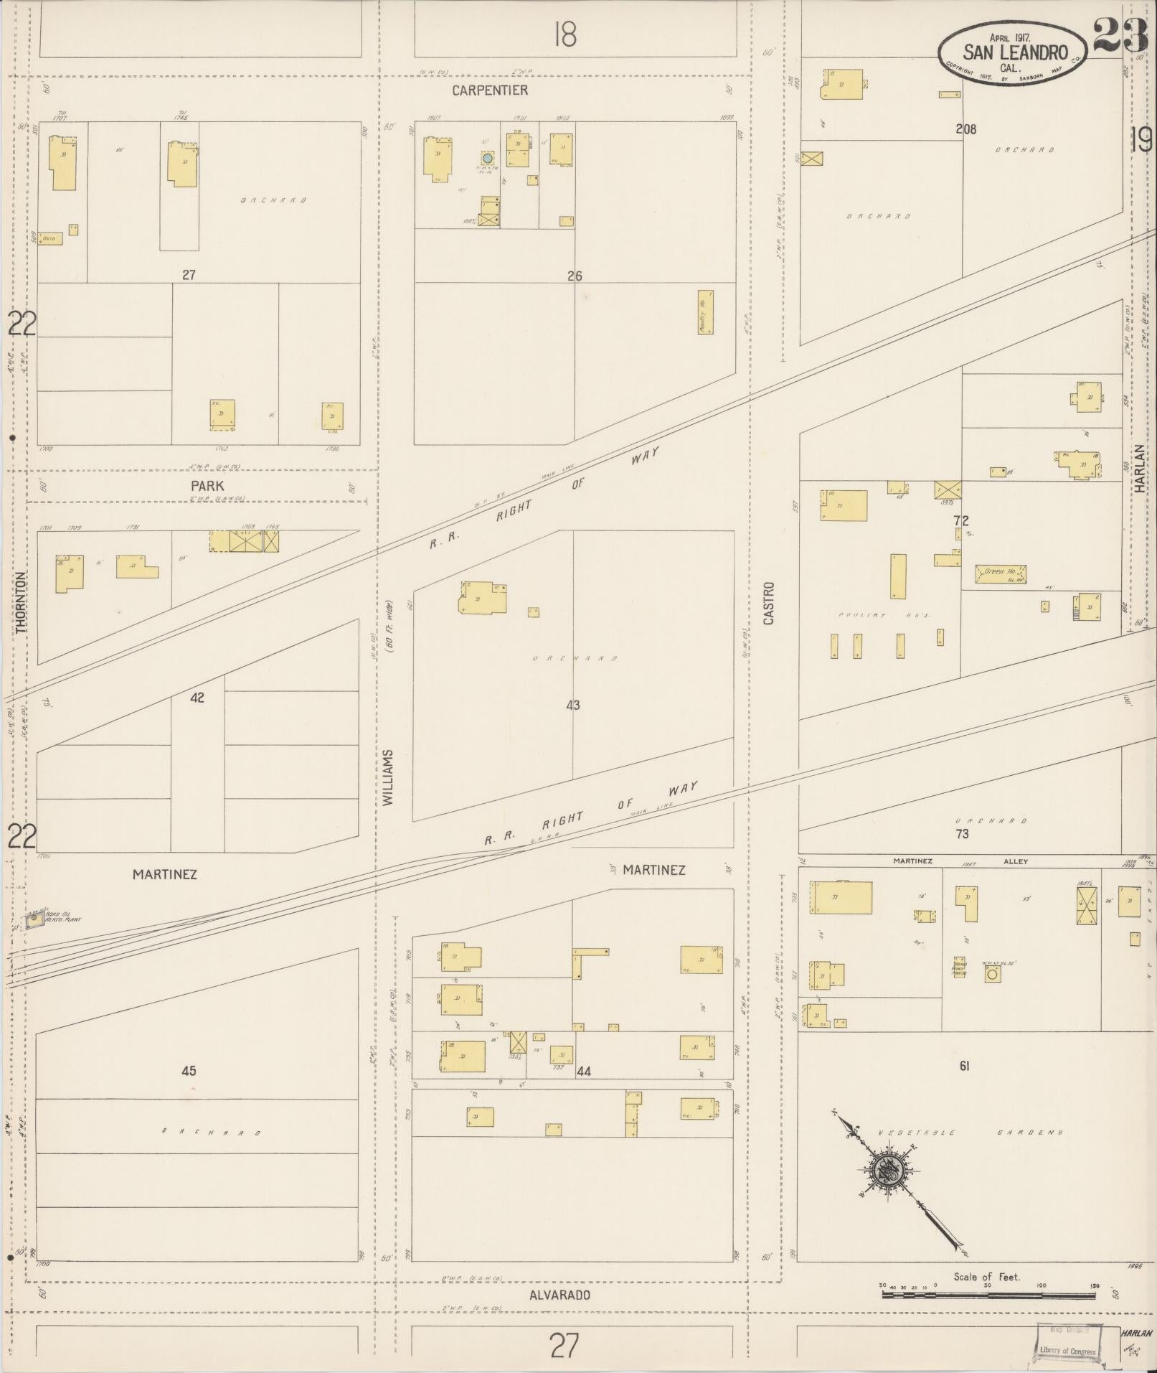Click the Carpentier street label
point(491,90)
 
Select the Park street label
point(207,486)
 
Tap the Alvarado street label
point(560,1295)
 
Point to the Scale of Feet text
point(986,1277)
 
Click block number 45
point(188,1071)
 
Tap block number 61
point(964,1067)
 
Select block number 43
point(572,706)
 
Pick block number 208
point(965,129)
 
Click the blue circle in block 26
point(487,157)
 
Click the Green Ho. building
point(1000,573)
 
